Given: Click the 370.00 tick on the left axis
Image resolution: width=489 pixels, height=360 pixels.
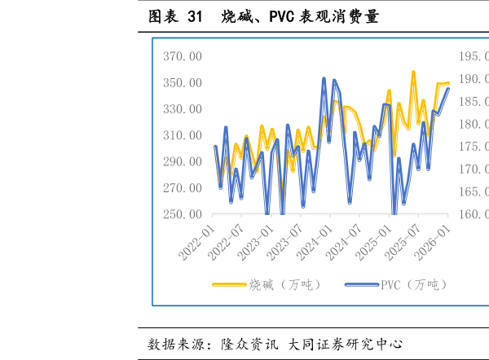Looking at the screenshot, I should click(183, 57).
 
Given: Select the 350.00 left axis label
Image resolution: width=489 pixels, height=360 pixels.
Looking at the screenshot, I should click(183, 83).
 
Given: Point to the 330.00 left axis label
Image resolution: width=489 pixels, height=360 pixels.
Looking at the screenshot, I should click(183, 109).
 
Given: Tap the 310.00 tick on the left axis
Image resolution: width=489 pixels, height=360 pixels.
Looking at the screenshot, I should click(183, 135).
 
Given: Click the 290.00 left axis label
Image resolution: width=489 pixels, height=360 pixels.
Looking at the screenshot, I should click(183, 162).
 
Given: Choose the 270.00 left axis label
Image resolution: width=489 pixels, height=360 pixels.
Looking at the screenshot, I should click(183, 188).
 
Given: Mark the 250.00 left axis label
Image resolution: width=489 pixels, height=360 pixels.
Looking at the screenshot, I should click(183, 214).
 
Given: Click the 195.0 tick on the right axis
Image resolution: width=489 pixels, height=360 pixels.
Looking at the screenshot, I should click(474, 57).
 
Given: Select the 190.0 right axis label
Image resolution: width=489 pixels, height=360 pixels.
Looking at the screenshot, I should click(474, 79).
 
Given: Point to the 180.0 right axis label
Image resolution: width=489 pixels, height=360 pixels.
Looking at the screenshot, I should click(474, 125).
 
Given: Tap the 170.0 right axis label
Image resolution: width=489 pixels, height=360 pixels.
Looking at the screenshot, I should click(474, 169).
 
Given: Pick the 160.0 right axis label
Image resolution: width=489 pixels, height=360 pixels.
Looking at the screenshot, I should click(474, 214).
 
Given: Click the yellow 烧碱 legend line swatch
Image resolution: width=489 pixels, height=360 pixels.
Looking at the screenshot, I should click(229, 284).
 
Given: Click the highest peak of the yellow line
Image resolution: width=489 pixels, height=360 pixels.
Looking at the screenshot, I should click(413, 72).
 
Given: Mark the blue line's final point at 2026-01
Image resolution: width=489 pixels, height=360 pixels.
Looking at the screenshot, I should click(448, 89).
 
